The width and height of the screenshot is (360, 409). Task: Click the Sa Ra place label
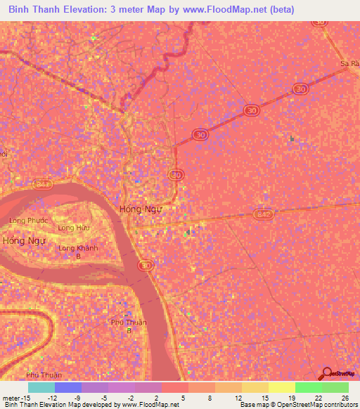point(350,64)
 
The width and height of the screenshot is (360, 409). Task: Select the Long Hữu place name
point(74,228)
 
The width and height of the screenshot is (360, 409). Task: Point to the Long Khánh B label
point(78,252)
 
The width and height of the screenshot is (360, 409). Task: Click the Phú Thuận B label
point(128,325)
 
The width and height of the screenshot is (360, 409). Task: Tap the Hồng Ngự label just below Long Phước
point(23,240)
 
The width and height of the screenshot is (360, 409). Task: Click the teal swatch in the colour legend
point(41,387)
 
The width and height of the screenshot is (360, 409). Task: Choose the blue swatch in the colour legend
point(68,387)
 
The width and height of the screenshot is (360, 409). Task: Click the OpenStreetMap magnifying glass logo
point(326,374)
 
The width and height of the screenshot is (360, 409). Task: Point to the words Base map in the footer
point(255,405)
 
